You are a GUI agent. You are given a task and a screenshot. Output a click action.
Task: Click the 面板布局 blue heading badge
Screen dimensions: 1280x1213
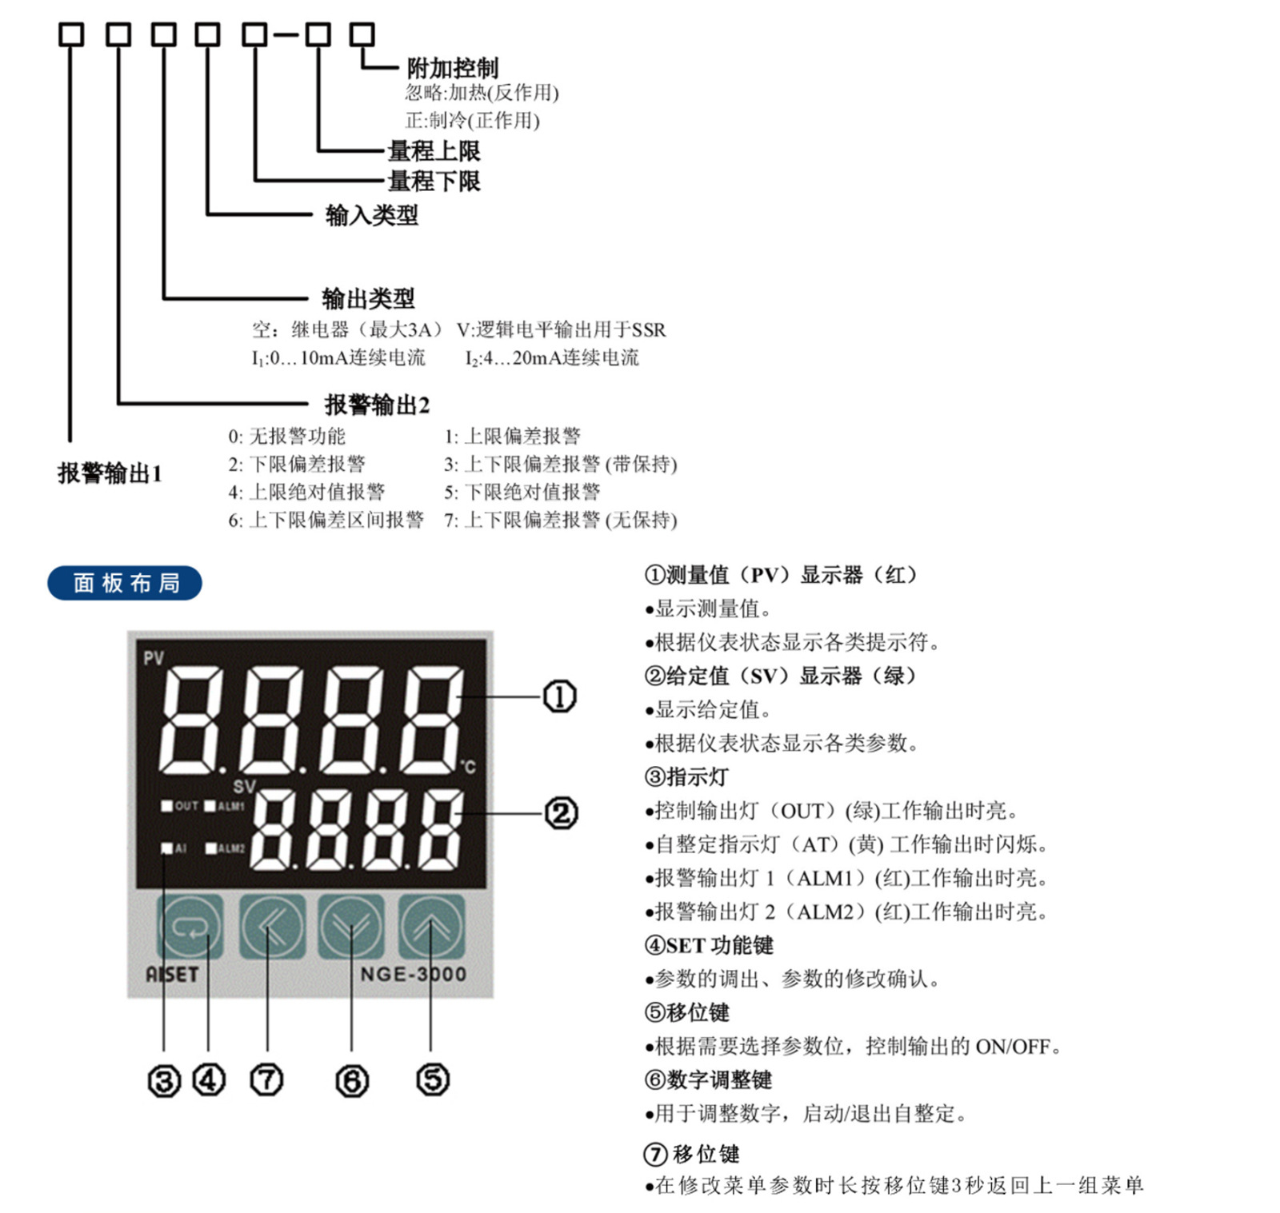(x=125, y=583)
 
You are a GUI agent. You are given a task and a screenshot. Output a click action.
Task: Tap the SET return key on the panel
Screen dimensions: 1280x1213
(x=190, y=926)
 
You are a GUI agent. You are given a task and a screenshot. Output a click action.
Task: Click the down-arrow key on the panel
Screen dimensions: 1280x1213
(x=351, y=926)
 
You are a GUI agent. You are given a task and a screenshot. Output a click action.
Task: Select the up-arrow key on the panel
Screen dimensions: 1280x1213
(x=431, y=926)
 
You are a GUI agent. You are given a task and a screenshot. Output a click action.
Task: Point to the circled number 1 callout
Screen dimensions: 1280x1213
(x=559, y=696)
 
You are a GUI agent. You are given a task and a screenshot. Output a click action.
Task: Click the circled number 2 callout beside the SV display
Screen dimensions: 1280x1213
(x=561, y=814)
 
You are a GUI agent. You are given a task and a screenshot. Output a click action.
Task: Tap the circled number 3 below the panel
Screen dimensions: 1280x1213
(x=164, y=1081)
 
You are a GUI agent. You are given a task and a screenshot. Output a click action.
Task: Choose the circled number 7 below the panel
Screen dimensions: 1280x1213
(x=267, y=1081)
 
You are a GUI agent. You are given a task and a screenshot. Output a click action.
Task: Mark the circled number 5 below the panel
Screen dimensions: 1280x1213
(x=433, y=1080)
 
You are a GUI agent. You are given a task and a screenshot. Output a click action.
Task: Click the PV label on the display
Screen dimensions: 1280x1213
(x=154, y=658)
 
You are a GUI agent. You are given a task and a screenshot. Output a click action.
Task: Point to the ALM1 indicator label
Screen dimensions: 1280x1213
(x=230, y=806)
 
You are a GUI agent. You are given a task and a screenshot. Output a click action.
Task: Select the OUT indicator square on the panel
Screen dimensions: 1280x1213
(x=167, y=806)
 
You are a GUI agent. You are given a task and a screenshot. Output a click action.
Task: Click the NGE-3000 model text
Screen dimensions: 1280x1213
(x=413, y=974)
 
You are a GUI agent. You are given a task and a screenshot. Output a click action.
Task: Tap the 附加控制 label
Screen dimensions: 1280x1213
(x=452, y=68)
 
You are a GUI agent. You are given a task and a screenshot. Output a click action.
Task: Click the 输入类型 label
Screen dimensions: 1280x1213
(x=371, y=215)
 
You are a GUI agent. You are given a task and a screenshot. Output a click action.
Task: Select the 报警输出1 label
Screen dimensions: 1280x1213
(x=110, y=473)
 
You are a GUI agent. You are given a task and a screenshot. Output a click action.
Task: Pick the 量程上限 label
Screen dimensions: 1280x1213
(x=434, y=150)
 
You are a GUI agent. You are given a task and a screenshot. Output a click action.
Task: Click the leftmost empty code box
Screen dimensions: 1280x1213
(x=71, y=34)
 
